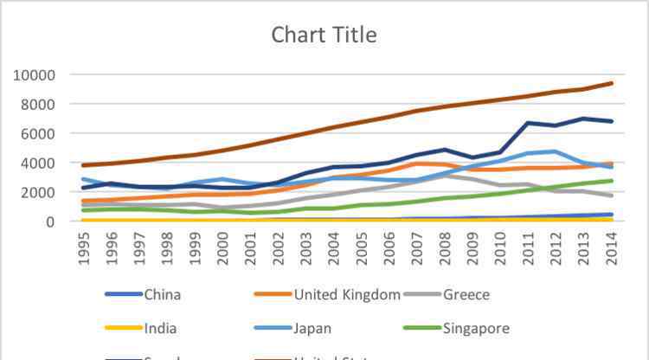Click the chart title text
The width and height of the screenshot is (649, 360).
(324, 35)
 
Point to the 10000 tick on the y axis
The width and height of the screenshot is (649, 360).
(35, 75)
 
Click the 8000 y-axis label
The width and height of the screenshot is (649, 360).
(38, 105)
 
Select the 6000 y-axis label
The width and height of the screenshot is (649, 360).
(38, 134)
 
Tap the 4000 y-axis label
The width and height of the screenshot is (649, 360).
(38, 164)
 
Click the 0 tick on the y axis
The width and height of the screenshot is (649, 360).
(51, 222)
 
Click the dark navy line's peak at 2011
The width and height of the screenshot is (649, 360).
(529, 123)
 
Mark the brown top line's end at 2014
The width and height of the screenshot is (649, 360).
(612, 83)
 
